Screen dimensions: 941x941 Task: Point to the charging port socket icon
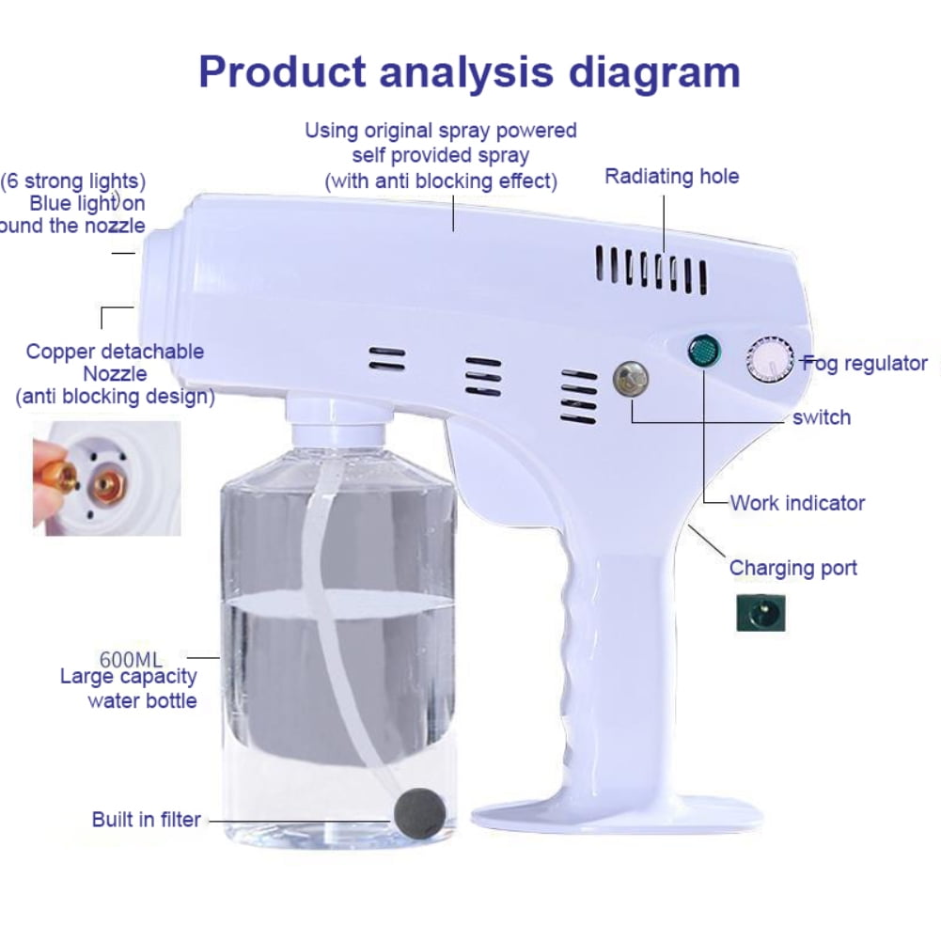coord(761,612)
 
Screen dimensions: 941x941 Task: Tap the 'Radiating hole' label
coord(671,177)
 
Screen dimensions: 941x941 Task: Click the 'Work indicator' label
coord(797,503)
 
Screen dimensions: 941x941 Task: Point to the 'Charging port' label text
coord(792,568)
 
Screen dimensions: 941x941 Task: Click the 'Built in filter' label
coord(146,820)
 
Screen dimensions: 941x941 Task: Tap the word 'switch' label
coord(821,417)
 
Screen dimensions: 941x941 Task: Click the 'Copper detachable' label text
coord(115,352)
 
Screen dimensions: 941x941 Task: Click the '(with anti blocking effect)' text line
coord(441,180)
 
